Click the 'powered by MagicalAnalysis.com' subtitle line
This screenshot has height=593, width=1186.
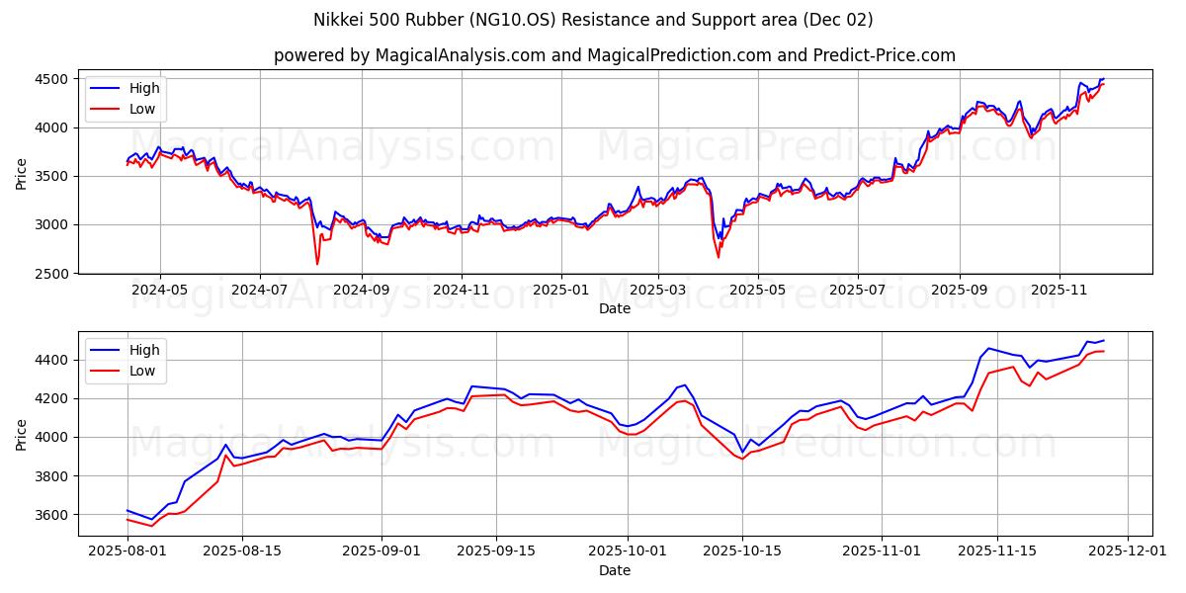click(615, 55)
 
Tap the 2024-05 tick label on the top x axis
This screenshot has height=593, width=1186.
click(159, 291)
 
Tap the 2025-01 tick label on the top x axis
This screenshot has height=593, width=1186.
click(560, 291)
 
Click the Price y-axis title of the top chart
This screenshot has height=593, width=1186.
click(22, 175)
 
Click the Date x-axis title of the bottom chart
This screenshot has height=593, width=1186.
click(615, 570)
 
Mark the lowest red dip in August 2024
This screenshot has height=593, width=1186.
click(317, 264)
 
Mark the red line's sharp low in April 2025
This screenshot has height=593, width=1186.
click(719, 257)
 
